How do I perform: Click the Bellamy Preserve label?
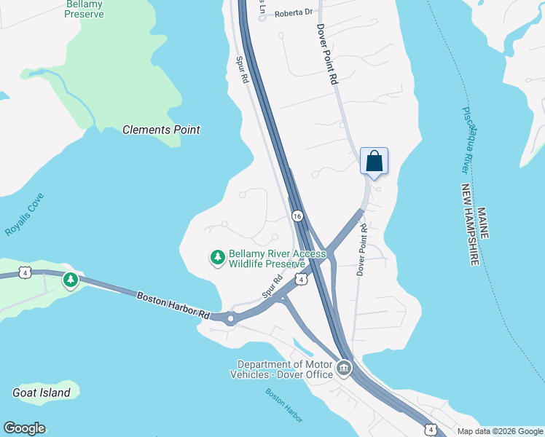[85, 9]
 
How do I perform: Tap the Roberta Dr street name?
[294, 12]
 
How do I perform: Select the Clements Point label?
[161, 130]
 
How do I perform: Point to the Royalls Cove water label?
[25, 215]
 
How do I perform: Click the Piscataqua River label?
[471, 141]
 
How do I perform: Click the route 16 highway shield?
[297, 216]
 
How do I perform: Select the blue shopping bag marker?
[374, 161]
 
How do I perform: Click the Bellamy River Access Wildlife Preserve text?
[277, 259]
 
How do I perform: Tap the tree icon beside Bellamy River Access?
[217, 257]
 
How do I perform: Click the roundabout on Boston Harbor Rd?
[232, 318]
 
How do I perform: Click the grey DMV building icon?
[344, 369]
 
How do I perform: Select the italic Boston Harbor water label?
[284, 404]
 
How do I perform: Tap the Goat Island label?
[42, 393]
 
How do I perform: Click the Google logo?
[24, 428]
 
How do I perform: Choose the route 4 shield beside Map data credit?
[431, 430]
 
